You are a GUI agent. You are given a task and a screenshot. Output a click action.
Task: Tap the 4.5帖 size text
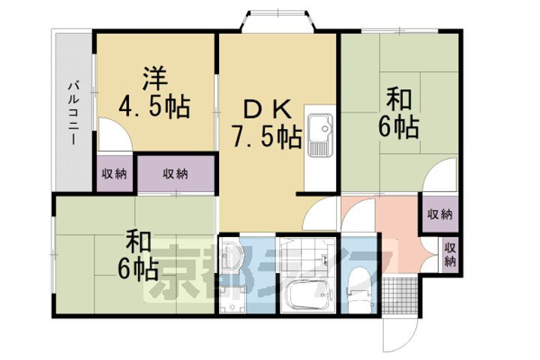tap(154, 105)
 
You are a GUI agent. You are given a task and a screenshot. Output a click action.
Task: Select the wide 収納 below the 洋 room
tap(175, 174)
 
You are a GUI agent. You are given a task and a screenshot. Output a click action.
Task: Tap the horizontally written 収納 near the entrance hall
tap(440, 214)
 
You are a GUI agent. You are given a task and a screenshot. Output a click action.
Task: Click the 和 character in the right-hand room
tap(399, 100)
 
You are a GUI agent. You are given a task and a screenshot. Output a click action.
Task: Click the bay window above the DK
tap(277, 21)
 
